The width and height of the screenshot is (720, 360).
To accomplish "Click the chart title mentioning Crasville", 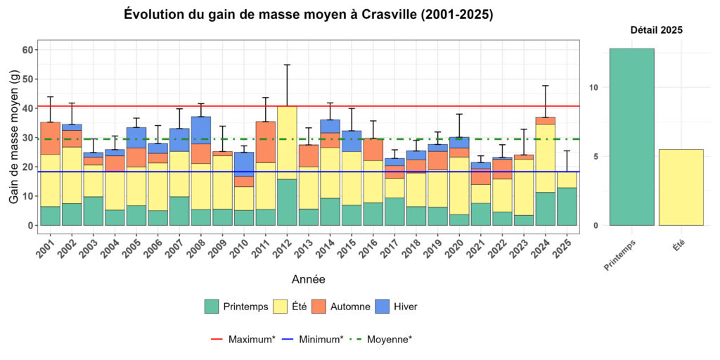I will point(308,15).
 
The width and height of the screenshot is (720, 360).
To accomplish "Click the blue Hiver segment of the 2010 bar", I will point(244,164).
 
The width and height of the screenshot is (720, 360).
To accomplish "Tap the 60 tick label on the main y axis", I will point(27,50).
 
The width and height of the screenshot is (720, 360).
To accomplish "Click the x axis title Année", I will point(308,280).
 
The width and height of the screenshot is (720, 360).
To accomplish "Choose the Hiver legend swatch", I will point(383,307).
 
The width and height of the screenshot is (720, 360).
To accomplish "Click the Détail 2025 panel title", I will point(655,30).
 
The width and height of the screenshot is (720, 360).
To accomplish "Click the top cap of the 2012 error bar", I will point(287,65).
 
